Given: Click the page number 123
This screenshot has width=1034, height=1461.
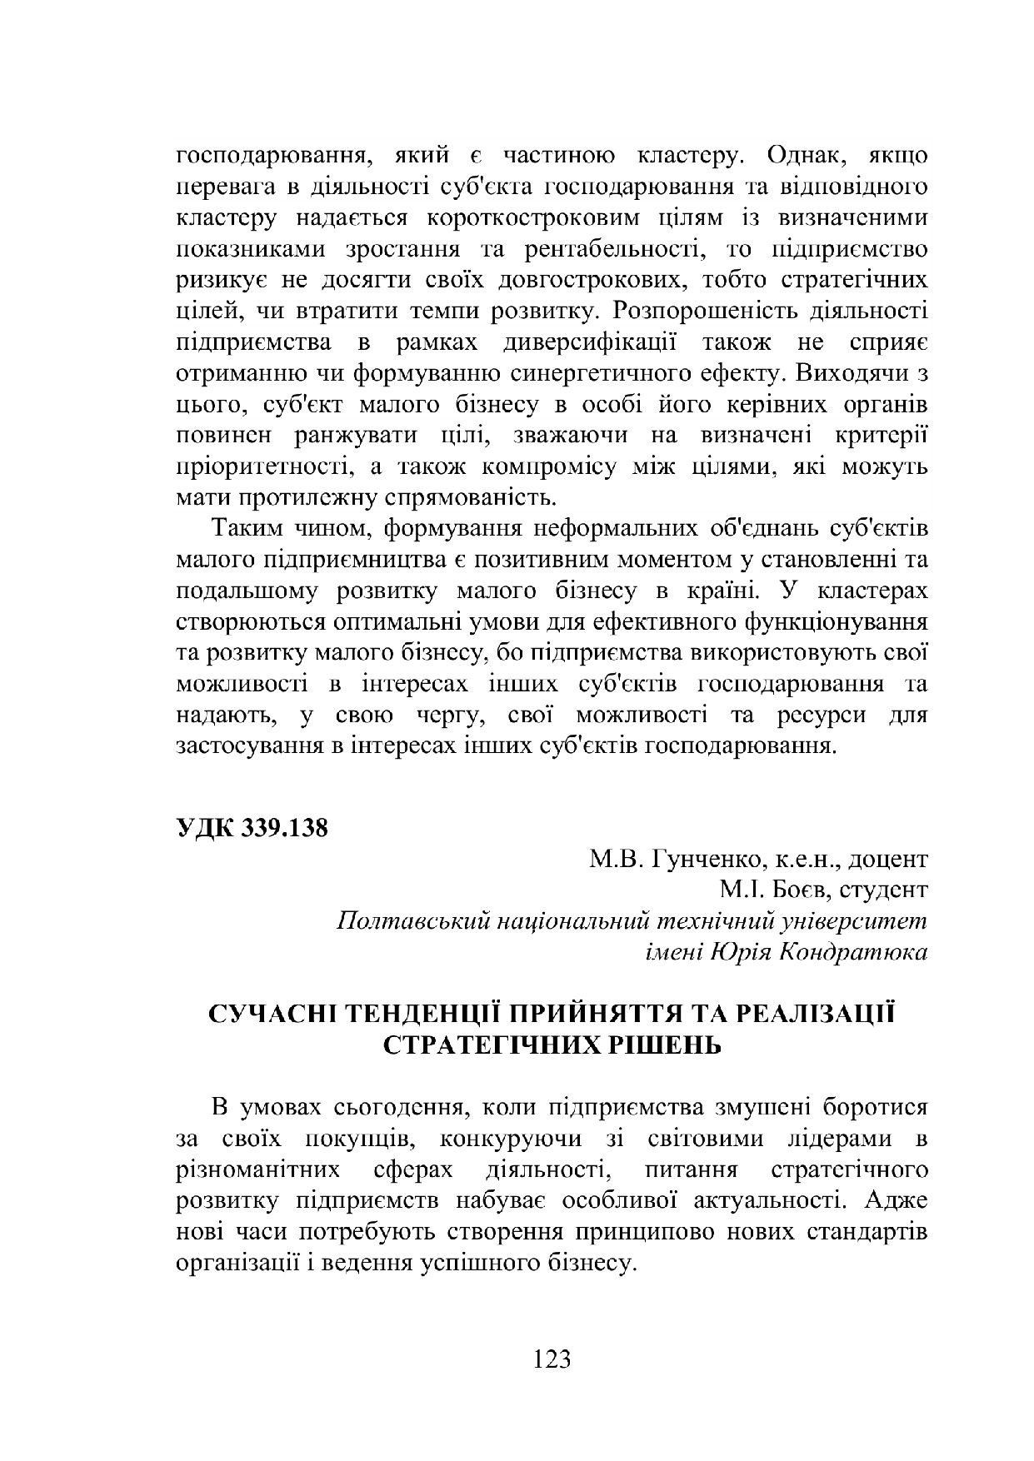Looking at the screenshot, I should pyautogui.click(x=552, y=1359).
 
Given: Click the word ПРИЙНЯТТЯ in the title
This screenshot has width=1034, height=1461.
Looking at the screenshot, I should pyautogui.click(x=582, y=1014).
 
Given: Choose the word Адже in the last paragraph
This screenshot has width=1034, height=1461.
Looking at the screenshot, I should pyautogui.click(x=896, y=1202).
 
